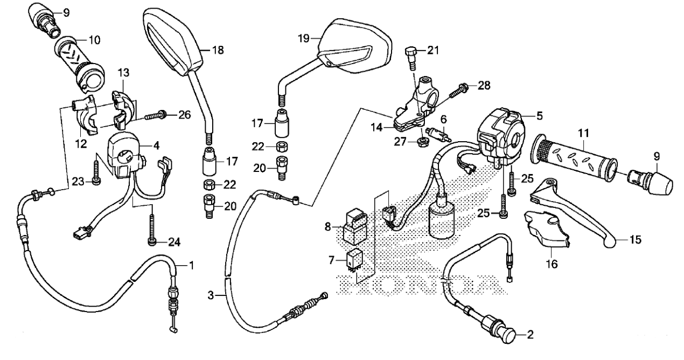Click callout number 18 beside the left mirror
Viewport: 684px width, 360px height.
coord(218,51)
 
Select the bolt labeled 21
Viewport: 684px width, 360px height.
coord(411,56)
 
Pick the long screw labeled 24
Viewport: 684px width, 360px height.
coord(153,229)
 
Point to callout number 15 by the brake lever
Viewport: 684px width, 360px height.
coord(635,239)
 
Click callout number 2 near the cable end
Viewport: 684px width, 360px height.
coord(530,335)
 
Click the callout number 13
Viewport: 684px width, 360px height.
coord(124,73)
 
